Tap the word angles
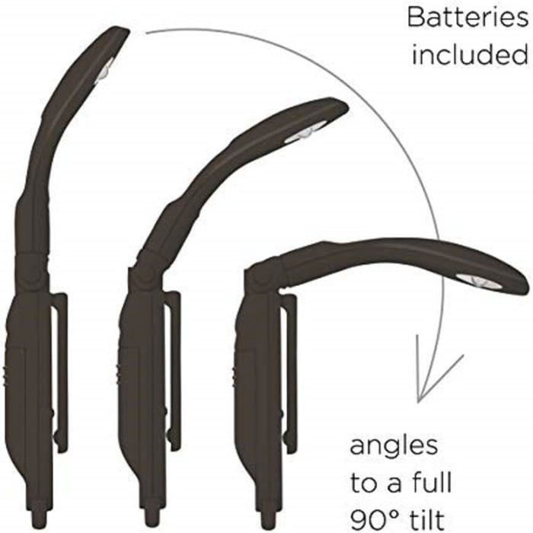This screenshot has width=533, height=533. pyautogui.click(x=394, y=448)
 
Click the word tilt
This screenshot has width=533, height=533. pyautogui.click(x=424, y=519)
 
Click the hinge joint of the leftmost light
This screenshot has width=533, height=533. pyautogui.click(x=34, y=272)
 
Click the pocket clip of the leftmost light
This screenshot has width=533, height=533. pyautogui.click(x=62, y=374)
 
